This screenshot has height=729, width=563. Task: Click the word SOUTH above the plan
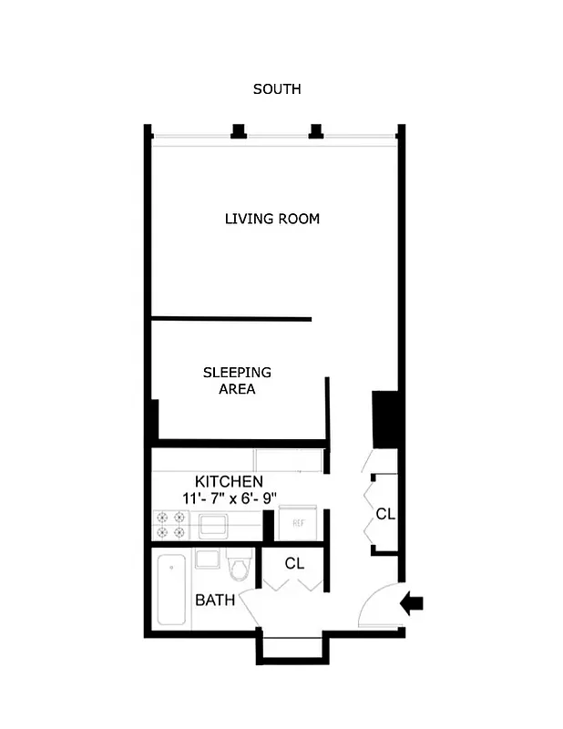(277, 89)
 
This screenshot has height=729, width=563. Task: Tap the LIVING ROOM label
(272, 219)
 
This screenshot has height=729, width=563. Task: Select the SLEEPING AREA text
(237, 381)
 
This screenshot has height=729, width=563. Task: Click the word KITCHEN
(229, 481)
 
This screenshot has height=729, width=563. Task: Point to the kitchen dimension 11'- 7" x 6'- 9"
(229, 498)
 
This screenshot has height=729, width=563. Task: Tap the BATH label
(215, 601)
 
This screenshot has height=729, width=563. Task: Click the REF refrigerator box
(297, 524)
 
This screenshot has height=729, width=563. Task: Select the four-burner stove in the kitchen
(170, 525)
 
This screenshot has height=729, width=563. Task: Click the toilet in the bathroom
(239, 567)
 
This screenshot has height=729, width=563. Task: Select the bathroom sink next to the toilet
(206, 559)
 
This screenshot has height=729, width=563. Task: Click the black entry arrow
(412, 602)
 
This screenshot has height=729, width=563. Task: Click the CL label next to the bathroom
(294, 563)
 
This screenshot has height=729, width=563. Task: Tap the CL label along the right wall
(385, 514)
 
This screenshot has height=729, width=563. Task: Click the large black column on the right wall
(385, 419)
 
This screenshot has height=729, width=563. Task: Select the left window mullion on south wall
(239, 131)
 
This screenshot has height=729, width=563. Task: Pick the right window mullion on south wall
(316, 131)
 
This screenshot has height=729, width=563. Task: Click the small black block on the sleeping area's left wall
(153, 419)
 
